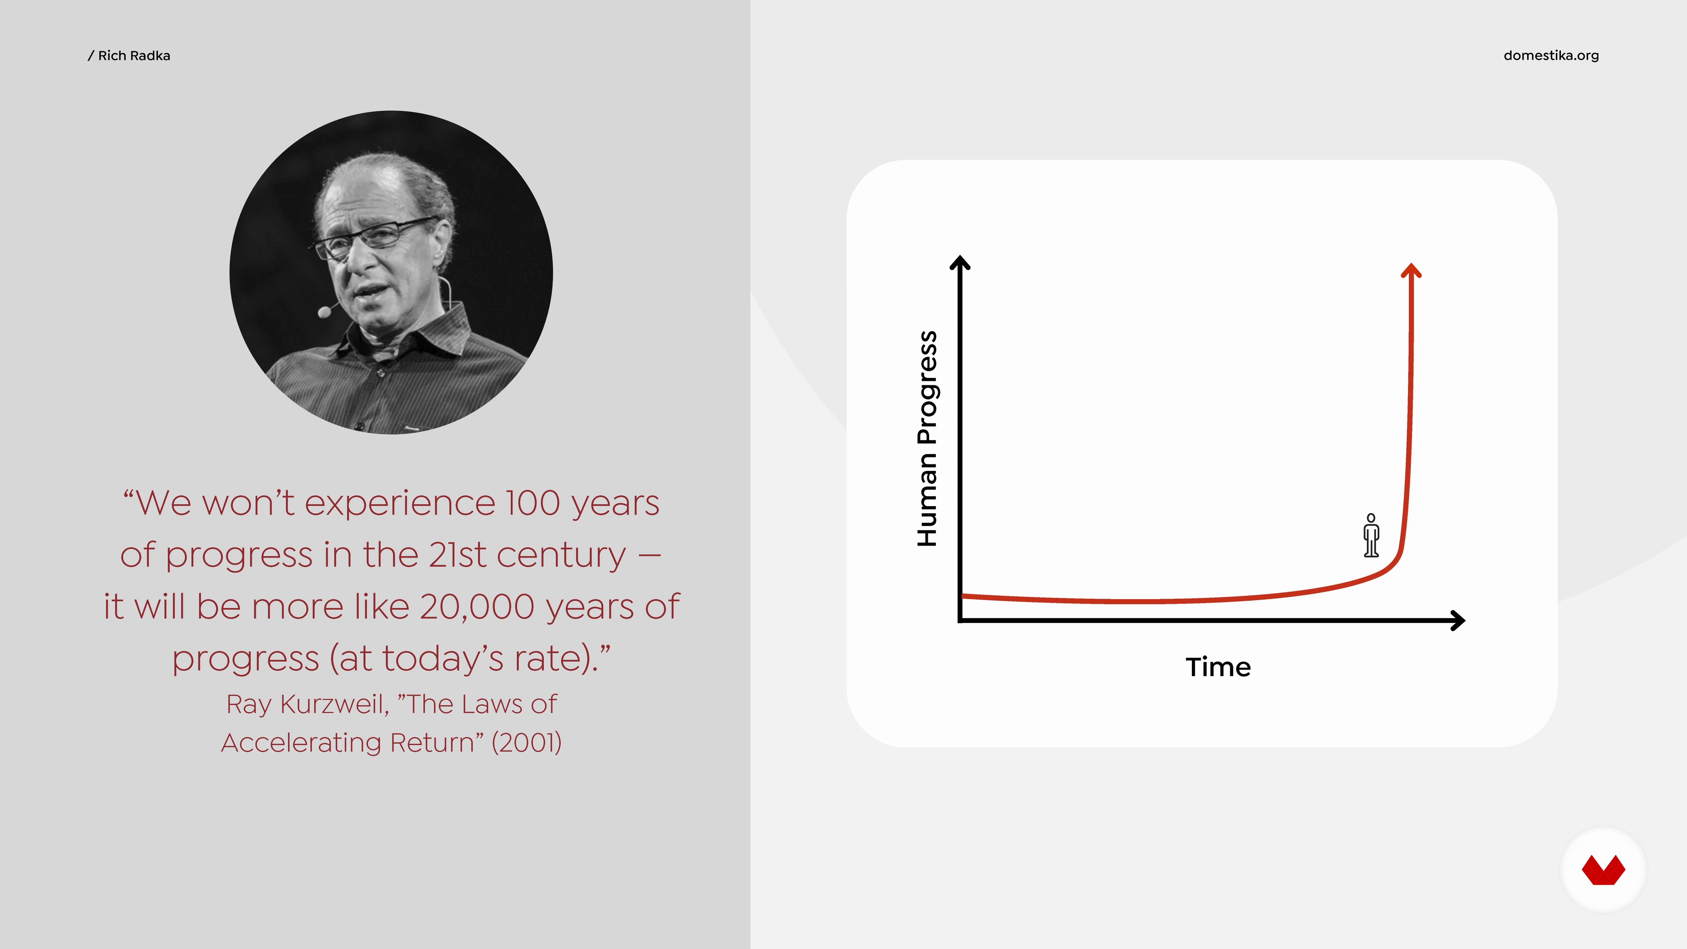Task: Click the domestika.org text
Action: (x=1551, y=56)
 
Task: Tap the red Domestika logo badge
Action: (x=1603, y=870)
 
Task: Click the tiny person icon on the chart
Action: (x=1371, y=535)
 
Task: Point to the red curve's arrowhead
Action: (x=1411, y=271)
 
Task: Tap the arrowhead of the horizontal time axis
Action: (x=1458, y=620)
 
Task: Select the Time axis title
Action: (x=1218, y=667)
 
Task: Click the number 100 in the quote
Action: (x=533, y=503)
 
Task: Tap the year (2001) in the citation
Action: (x=527, y=743)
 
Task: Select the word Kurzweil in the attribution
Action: (x=334, y=704)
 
